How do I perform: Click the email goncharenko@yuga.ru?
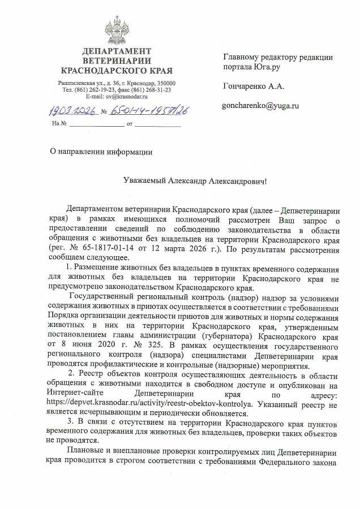[x=261, y=106]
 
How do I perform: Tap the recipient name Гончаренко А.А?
[x=254, y=87]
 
